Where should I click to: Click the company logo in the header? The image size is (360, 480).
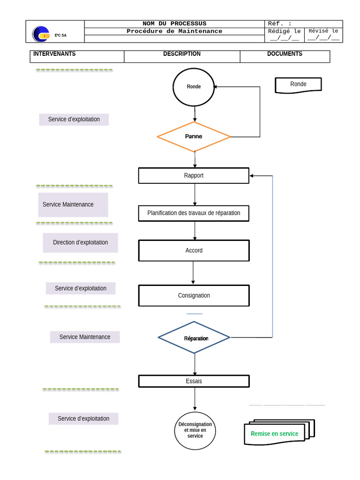(x=41, y=34)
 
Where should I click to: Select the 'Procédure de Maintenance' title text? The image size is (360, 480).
(x=174, y=31)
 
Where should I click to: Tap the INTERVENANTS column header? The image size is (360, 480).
(x=54, y=54)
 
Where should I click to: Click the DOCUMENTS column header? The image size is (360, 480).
(x=285, y=54)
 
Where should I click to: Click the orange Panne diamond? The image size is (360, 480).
(x=194, y=136)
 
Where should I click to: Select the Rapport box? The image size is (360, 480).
(x=194, y=176)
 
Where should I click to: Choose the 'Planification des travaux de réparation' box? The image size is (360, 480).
(x=194, y=213)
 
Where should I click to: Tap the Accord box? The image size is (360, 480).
(x=194, y=250)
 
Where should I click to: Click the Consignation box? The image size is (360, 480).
(x=194, y=295)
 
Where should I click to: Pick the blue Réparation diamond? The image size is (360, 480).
(x=194, y=337)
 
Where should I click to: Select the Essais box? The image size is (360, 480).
(x=194, y=381)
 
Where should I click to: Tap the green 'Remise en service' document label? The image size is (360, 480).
(x=274, y=434)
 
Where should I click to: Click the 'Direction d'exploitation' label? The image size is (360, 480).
(x=81, y=242)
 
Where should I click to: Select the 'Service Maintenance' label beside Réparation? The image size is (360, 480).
(x=85, y=337)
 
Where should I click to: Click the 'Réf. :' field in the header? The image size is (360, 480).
(x=280, y=23)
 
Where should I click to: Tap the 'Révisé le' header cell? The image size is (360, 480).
(x=323, y=31)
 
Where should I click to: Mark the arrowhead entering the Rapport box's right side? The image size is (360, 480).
(x=251, y=176)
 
